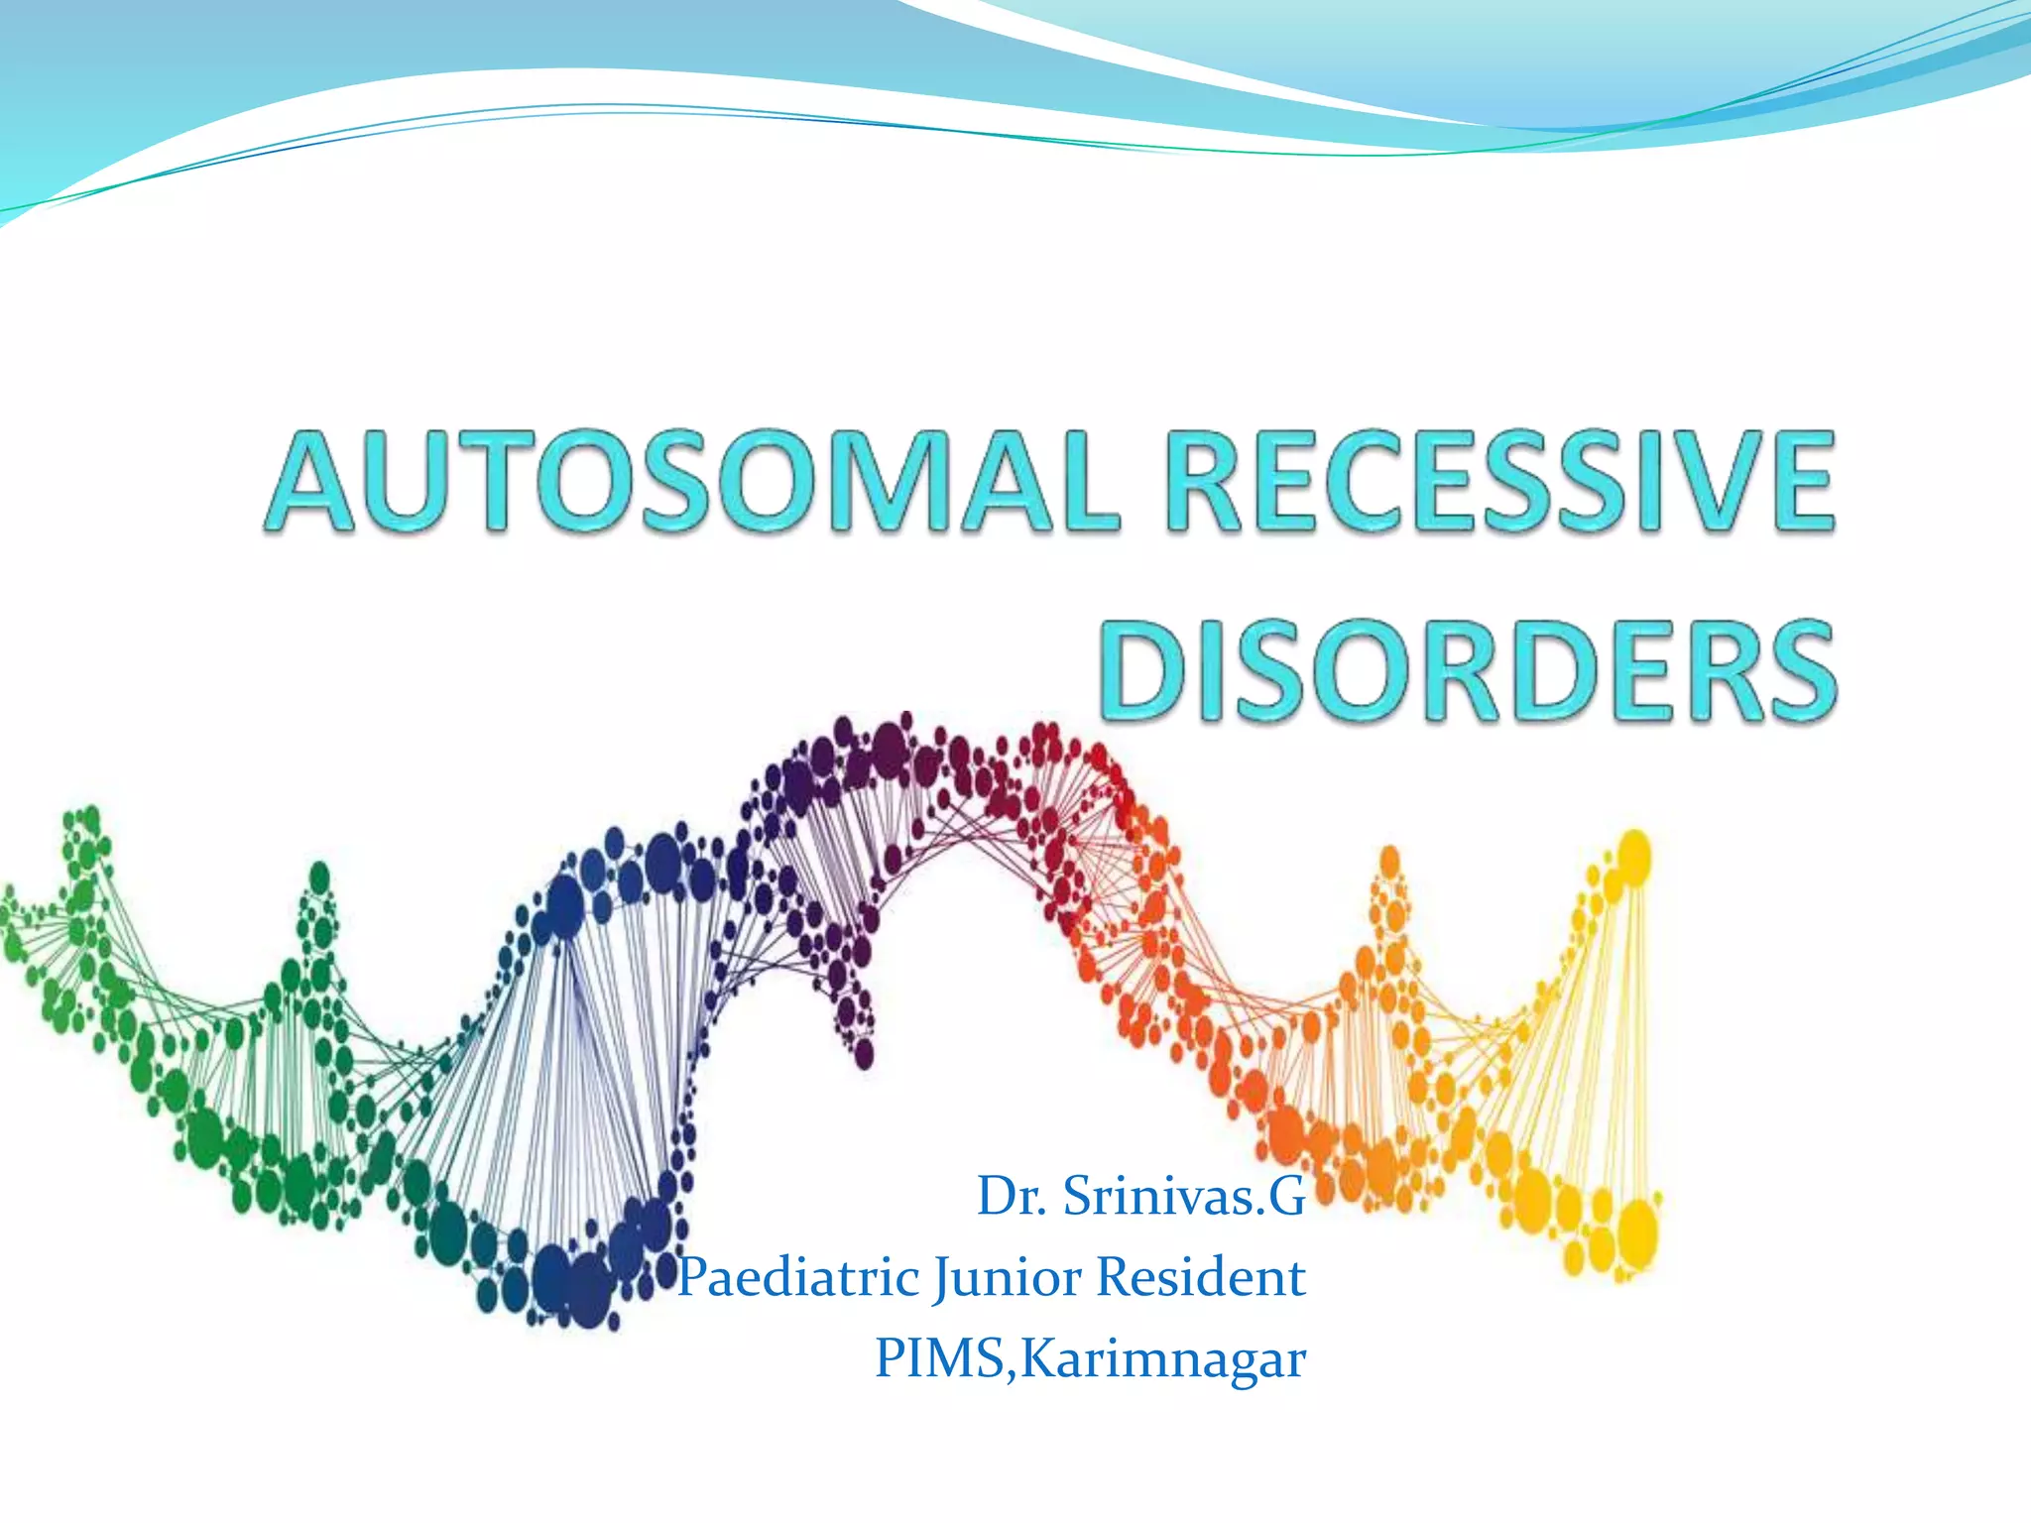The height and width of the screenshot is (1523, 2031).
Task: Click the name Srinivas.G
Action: (1184, 1197)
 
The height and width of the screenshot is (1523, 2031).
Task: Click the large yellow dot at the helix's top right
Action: (1633, 856)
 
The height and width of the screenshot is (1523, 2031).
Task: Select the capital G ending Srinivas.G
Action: (1286, 1197)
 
